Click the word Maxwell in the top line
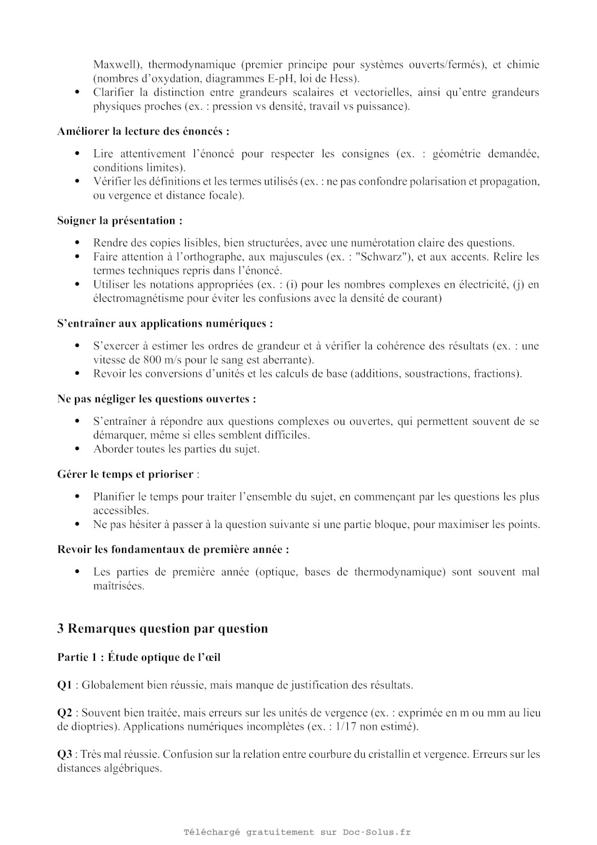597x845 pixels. click(x=115, y=65)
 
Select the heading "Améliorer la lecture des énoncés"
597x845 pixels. click(x=143, y=131)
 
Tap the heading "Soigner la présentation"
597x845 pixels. click(x=119, y=221)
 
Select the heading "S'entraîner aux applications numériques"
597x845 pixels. click(x=164, y=324)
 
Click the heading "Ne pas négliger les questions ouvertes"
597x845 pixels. click(x=156, y=399)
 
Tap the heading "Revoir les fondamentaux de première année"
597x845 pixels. click(x=173, y=549)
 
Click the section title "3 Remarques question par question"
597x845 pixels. click(x=163, y=629)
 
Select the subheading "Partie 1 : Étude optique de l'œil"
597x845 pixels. click(x=139, y=657)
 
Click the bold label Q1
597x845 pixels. click(x=65, y=685)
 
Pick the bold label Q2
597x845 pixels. click(x=65, y=713)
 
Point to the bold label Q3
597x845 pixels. click(x=65, y=754)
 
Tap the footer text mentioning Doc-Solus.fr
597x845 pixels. click(x=297, y=832)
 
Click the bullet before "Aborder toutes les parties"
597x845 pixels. click(x=77, y=449)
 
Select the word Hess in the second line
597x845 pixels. click(x=343, y=79)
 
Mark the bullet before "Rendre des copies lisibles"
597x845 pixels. click(x=77, y=243)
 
